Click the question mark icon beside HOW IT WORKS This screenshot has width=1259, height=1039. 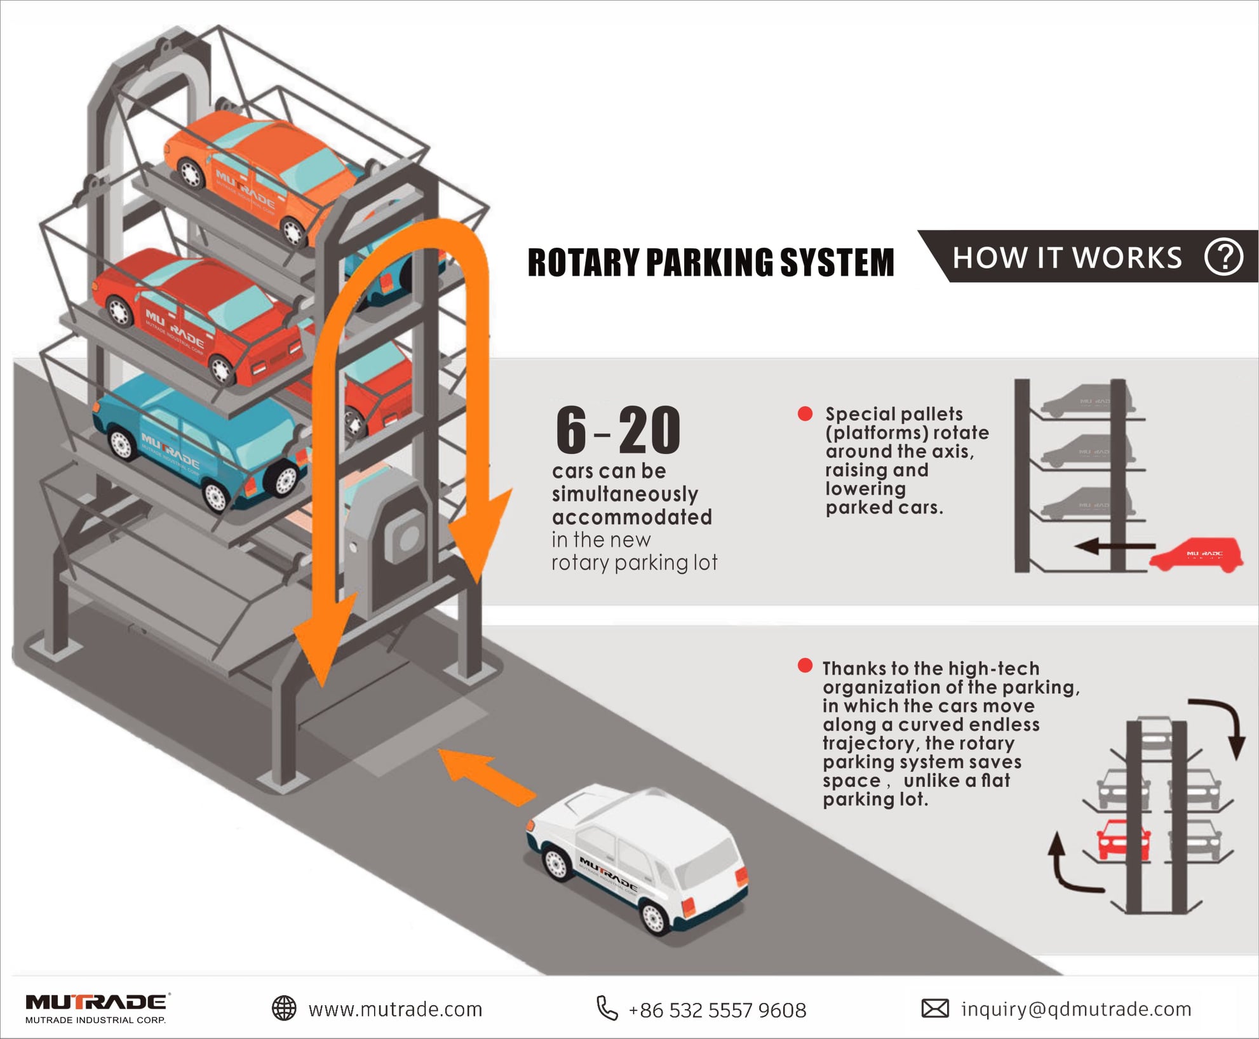pos(1223,257)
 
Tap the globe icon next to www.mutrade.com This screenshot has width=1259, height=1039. pos(284,1008)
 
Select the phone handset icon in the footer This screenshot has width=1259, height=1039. pos(607,1008)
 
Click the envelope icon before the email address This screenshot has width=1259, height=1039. pos(935,1008)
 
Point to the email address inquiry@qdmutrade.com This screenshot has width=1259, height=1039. pos(1076,1009)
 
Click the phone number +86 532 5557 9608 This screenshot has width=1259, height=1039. pos(717,1010)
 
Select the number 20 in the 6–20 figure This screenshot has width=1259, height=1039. pos(649,431)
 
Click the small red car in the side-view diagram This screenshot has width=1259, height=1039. pos(1196,556)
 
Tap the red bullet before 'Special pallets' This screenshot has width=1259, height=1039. pos(805,414)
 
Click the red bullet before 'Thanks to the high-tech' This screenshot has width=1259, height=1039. pos(805,666)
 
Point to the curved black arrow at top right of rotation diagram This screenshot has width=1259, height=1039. pos(1220,724)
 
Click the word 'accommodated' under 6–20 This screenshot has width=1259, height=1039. pos(632,517)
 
